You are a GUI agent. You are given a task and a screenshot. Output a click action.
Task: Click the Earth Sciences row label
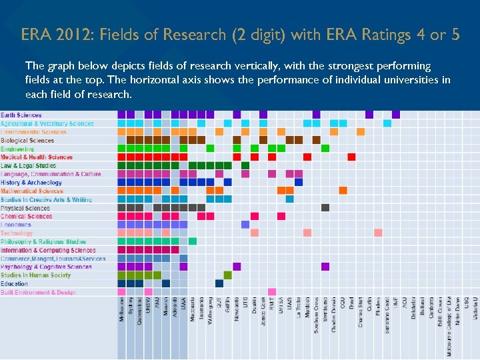(21, 115)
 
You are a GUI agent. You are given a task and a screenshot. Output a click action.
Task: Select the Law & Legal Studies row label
(29, 166)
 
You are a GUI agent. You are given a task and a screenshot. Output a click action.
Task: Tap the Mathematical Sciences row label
(32, 191)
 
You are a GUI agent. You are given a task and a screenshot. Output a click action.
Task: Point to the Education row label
(15, 284)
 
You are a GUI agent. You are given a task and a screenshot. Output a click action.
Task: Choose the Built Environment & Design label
(38, 292)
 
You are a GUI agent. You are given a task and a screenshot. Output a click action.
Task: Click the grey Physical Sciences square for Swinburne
(325, 208)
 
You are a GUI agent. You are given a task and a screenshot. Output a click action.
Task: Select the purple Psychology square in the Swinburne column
(325, 267)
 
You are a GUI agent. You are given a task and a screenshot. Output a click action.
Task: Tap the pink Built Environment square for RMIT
(272, 291)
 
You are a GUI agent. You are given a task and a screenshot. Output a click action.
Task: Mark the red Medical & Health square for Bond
(351, 157)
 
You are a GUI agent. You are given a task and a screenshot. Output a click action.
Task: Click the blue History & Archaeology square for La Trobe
(299, 182)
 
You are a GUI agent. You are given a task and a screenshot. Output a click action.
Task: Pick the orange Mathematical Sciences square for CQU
(343, 191)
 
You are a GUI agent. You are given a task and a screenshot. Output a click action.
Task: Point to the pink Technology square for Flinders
(378, 233)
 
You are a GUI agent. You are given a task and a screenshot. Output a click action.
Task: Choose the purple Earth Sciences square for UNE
(396, 115)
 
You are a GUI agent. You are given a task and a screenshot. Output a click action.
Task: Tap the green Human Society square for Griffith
(228, 275)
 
